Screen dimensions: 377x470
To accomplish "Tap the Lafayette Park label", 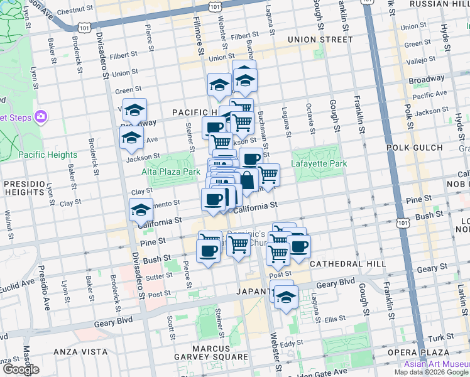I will (319, 164).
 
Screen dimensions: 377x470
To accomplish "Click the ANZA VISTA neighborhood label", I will (78, 351).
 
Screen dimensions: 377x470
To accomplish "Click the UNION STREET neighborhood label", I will (320, 40).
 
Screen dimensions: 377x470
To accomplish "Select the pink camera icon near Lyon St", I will (41, 116).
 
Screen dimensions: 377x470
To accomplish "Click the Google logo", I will (21, 369).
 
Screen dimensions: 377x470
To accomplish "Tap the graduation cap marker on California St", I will (141, 209).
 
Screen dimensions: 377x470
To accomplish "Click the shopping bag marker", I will (247, 180).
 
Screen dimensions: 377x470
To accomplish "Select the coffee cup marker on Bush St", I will (207, 251).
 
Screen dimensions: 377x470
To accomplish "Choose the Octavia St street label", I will (310, 119).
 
